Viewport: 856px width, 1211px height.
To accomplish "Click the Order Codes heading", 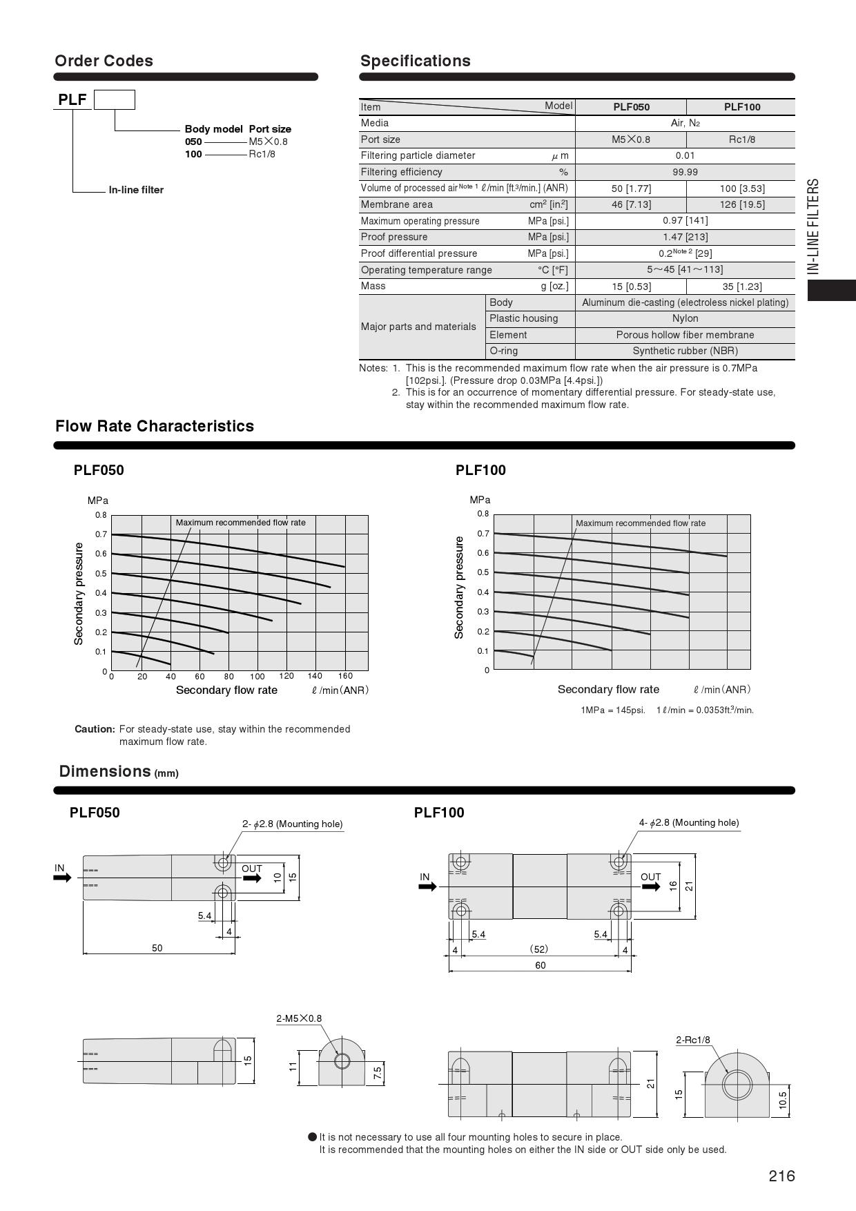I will [104, 61].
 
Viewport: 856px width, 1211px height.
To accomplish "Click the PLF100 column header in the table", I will [741, 107].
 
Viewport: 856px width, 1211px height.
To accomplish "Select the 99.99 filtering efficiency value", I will [685, 172].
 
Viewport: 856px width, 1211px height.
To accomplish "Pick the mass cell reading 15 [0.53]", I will [631, 287].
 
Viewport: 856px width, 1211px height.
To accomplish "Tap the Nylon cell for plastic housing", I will [685, 318].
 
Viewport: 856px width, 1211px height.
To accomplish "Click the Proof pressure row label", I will [394, 237].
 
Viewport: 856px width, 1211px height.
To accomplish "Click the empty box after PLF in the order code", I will [115, 100].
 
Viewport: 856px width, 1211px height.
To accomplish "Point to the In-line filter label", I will [136, 190].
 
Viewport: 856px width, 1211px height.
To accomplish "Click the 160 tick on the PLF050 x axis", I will [345, 676].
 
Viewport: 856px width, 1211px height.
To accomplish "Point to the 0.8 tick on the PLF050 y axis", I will [101, 515].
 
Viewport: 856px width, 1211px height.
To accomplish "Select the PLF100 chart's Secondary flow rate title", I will [608, 689].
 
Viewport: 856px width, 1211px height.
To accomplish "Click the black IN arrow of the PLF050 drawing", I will [62, 878].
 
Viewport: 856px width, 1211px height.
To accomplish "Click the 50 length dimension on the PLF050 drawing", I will [157, 948].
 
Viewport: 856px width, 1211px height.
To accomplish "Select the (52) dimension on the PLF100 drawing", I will [539, 949].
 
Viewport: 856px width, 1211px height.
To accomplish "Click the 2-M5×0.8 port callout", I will [299, 1018].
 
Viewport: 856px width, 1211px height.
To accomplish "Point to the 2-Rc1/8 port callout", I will [692, 1040].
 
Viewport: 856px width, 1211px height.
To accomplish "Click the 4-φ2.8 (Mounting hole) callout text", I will [688, 822].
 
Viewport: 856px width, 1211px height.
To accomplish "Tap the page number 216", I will [781, 1176].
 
